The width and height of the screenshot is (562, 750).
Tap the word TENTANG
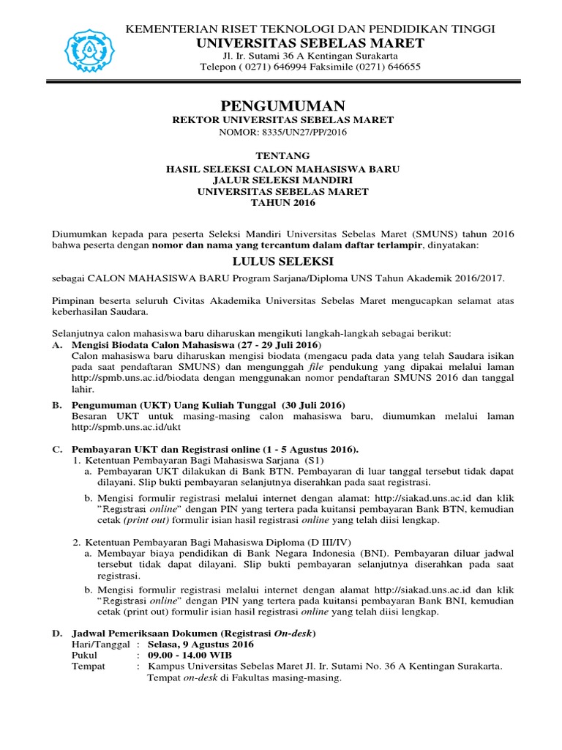(282, 156)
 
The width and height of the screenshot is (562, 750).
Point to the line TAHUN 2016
(282, 203)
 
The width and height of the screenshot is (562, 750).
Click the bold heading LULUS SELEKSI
(282, 261)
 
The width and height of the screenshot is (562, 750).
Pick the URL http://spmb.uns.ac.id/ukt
(126, 427)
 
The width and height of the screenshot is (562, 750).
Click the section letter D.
(56, 633)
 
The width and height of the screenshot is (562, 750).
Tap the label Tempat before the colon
(88, 667)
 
